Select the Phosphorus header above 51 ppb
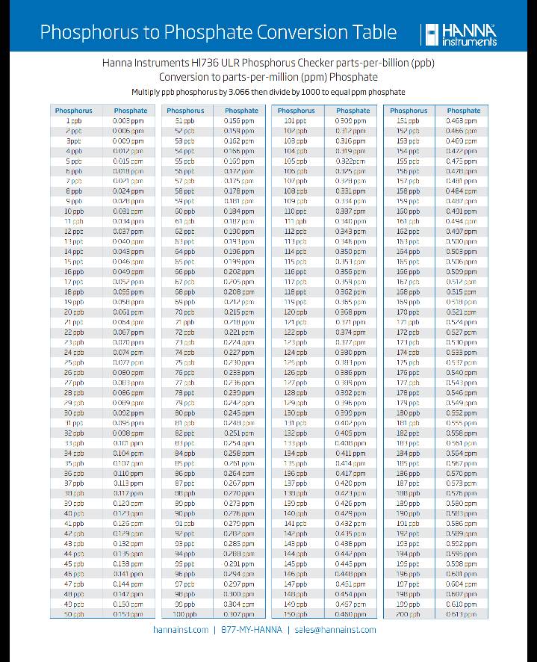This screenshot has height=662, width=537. click(x=186, y=111)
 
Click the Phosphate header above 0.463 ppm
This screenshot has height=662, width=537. click(x=464, y=111)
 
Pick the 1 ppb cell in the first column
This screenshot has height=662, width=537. click(x=74, y=120)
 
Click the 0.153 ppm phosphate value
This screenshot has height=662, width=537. click(x=128, y=614)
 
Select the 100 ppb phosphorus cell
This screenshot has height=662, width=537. click(x=184, y=614)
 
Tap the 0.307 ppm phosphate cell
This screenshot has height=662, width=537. click(x=238, y=614)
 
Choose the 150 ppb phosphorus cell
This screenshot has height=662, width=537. click(x=296, y=614)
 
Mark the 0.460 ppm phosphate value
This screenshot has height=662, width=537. click(x=350, y=614)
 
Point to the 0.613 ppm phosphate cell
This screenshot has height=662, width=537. click(x=461, y=614)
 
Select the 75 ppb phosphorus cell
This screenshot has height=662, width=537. click(x=184, y=362)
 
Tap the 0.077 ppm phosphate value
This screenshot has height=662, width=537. click(x=128, y=362)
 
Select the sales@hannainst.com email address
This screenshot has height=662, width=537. click(x=335, y=630)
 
